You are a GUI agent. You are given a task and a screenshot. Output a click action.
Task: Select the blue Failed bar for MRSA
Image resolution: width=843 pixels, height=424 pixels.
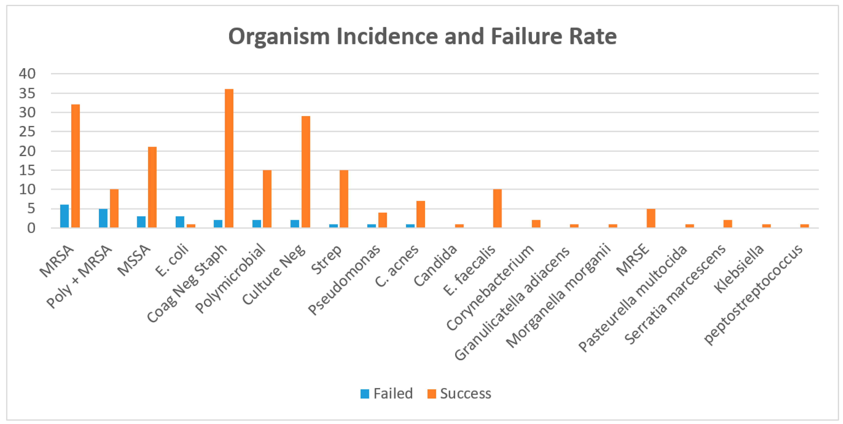coord(64,216)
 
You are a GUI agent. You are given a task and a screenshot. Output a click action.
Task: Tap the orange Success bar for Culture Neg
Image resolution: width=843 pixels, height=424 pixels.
coord(306,172)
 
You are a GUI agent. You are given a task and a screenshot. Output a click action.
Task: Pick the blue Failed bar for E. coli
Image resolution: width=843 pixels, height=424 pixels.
coord(180,222)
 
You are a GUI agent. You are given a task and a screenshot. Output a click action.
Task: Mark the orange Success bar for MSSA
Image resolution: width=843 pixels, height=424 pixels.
coord(152,187)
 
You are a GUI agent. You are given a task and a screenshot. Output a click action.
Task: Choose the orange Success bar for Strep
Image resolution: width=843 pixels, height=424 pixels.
coord(344,199)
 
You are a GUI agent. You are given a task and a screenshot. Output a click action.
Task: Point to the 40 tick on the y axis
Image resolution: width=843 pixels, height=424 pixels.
coord(27,74)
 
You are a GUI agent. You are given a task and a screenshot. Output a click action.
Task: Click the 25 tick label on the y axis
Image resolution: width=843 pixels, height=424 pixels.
coord(27,132)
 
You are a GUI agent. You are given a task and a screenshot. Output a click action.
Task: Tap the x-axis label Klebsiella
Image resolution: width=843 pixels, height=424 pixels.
coord(739,269)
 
